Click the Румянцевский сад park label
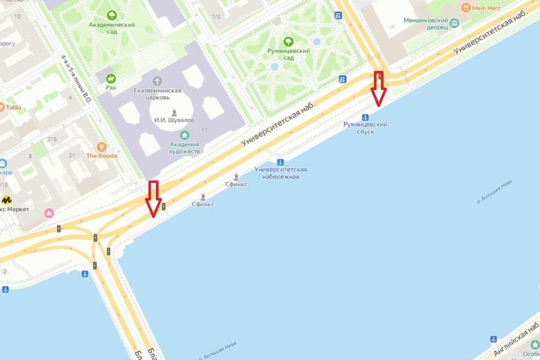[x=288, y=54]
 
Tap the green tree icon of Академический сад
[x=111, y=15]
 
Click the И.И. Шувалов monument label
[x=174, y=120]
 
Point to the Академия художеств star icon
[x=184, y=135]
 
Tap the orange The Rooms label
[x=102, y=155]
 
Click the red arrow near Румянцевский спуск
[x=379, y=89]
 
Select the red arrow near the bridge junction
[x=153, y=199]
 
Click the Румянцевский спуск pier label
[x=365, y=128]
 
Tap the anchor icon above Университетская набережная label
[x=280, y=162]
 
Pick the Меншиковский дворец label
[x=426, y=24]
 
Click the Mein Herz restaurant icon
[x=465, y=7]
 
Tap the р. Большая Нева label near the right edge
[x=494, y=192]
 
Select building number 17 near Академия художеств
[x=204, y=130]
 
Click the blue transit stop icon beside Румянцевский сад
[x=342, y=79]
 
